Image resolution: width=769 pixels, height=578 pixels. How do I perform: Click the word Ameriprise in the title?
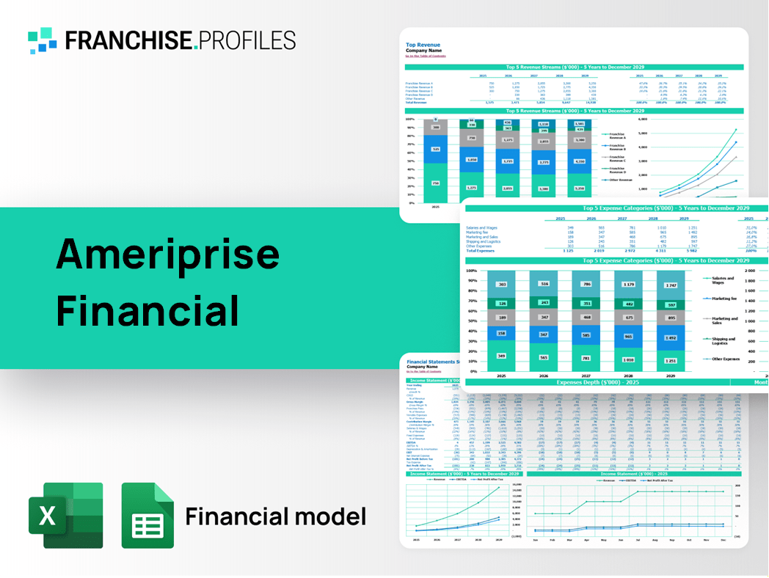click(168, 254)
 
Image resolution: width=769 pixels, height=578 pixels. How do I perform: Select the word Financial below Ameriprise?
click(147, 310)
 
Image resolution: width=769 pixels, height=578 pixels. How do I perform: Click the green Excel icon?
click(66, 516)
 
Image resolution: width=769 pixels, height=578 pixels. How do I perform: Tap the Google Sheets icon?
click(147, 516)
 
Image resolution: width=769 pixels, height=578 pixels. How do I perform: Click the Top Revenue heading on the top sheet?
click(422, 44)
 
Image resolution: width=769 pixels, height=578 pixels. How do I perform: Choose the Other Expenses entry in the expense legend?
click(725, 359)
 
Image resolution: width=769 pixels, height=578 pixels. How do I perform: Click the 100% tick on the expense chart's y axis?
click(471, 271)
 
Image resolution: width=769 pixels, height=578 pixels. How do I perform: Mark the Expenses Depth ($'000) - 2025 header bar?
click(597, 382)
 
